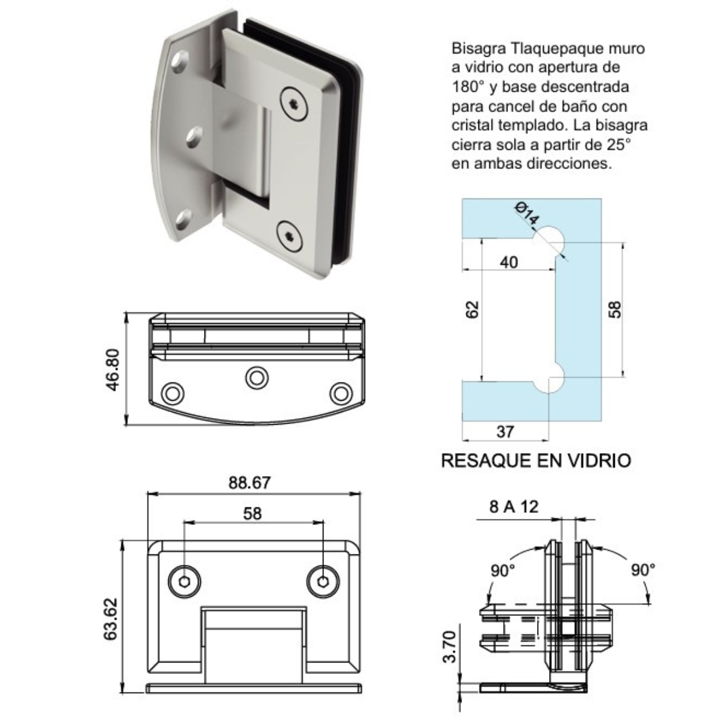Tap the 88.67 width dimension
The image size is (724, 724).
[249, 483]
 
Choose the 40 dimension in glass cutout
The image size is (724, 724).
[509, 262]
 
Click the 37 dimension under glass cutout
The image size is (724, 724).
[505, 431]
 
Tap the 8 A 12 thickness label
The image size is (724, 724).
[513, 507]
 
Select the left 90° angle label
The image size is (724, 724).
[502, 570]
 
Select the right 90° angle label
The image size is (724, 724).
[643, 570]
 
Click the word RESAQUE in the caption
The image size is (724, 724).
[487, 461]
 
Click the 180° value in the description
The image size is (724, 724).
[468, 87]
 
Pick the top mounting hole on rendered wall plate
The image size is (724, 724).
[180, 62]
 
